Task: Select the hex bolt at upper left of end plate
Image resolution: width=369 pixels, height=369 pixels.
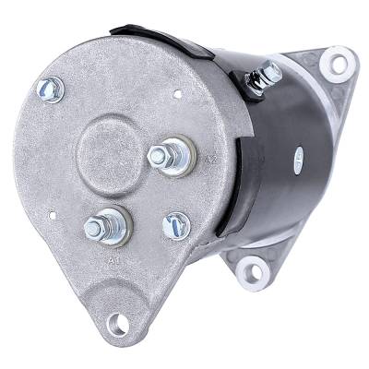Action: (47, 89)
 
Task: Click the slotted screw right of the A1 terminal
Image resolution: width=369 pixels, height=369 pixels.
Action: (175, 224)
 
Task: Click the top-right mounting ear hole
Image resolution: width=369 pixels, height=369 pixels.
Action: (338, 64)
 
